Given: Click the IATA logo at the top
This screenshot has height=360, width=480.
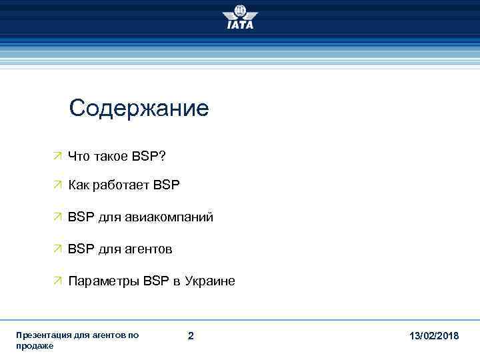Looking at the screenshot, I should click(240, 17).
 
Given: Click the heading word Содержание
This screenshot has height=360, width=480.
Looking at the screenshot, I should click(139, 108).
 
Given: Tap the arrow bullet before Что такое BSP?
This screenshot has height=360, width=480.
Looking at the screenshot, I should click(58, 155).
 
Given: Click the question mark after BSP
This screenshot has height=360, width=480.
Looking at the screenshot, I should click(163, 155).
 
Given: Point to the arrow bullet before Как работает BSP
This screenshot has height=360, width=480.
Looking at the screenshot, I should click(58, 185).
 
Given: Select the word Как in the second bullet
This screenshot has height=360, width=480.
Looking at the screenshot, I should click(79, 185).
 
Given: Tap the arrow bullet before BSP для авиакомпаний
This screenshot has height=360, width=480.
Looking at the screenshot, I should click(58, 217).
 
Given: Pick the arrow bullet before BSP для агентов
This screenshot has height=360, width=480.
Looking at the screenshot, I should click(58, 249).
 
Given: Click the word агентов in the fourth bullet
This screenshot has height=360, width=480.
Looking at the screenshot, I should click(149, 249).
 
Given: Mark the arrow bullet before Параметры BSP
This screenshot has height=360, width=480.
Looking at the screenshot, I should click(58, 281).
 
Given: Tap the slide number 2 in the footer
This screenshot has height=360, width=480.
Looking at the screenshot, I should click(191, 335).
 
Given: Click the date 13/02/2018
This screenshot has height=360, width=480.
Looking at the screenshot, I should click(434, 335).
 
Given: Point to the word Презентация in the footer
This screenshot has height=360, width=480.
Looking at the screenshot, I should click(42, 335).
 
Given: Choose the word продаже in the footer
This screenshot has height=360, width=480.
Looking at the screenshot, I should click(35, 346).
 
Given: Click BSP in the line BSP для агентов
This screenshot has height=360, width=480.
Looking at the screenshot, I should click(80, 249).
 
